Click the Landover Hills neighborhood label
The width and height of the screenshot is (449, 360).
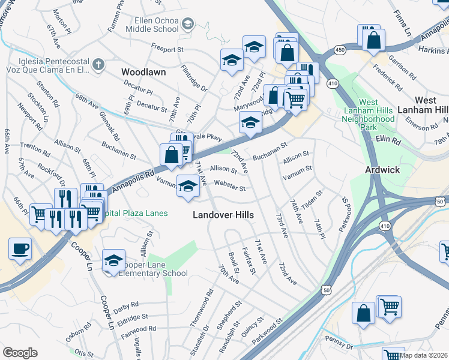(x=223, y=215)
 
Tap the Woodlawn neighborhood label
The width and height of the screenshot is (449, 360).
(x=143, y=71)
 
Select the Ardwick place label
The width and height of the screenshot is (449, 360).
(x=382, y=170)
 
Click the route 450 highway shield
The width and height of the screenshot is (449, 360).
(x=340, y=49)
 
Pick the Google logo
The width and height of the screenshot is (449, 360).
(x=20, y=353)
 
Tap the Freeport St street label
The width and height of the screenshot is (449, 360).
(x=167, y=49)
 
